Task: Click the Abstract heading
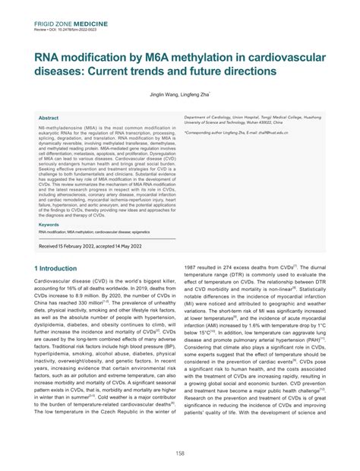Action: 49,119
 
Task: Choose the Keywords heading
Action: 51,225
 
